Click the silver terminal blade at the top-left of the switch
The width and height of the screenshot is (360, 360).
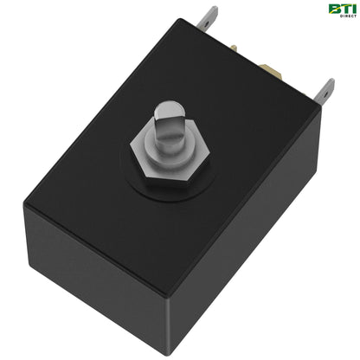tap(209, 18)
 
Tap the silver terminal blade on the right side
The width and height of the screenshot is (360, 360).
tap(326, 92)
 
